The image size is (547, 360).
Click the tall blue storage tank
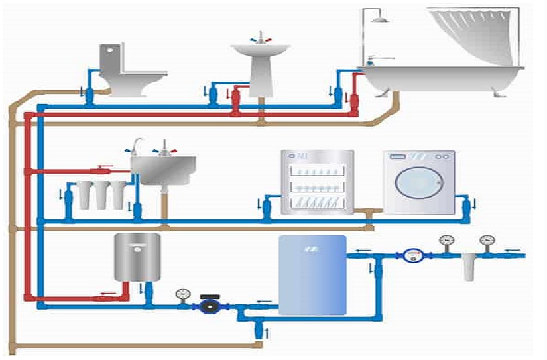coord(312,274)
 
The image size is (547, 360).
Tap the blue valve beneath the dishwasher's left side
coord(267,207)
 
